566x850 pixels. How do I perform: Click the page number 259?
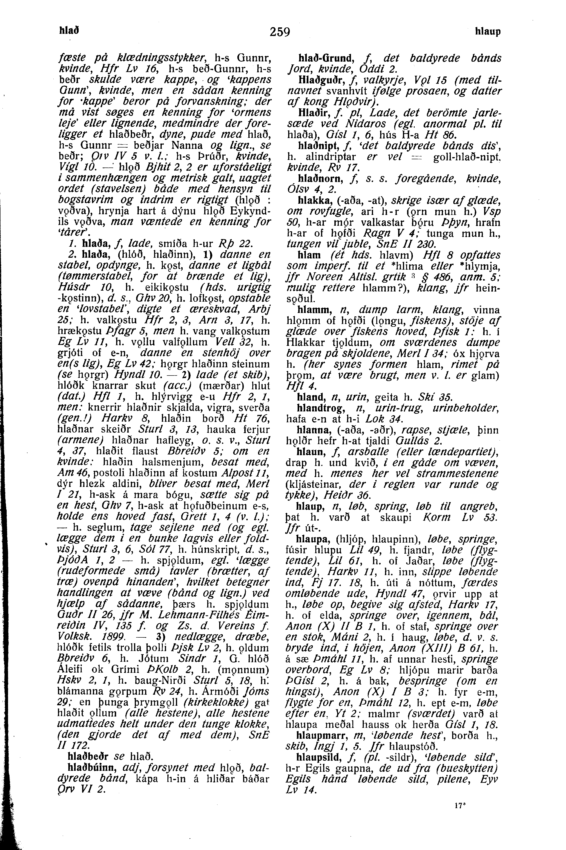(x=280, y=32)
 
